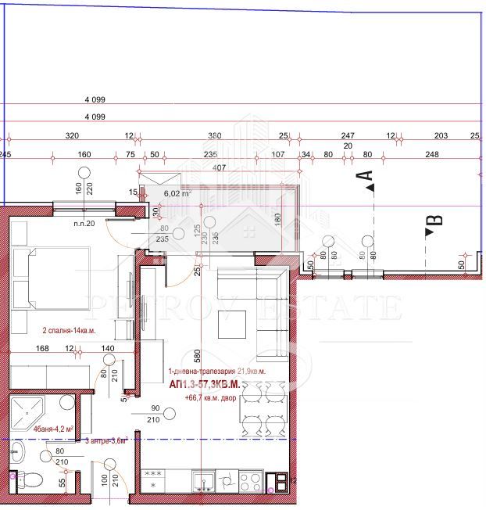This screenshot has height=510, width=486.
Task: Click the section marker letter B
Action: coord(437,220)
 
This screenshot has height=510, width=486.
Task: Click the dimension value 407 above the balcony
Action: coord(218,167)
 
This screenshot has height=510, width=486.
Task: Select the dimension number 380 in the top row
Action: coord(214,135)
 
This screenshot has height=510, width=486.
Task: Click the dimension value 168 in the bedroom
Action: coord(43,348)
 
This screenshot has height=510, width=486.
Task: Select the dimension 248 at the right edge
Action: coord(433,154)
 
